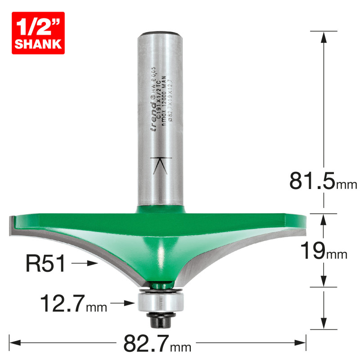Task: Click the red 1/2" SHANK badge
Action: point(38,33)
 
